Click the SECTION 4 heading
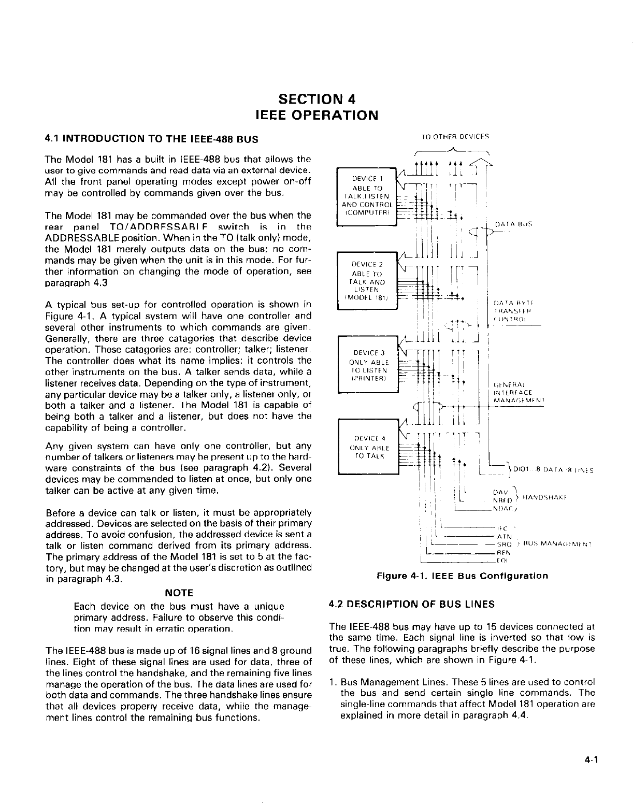pos(316,98)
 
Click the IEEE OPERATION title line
pos(316,114)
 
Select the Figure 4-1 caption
pos(462,576)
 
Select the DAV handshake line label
pos(500,492)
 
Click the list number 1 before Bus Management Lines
pos(333,682)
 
